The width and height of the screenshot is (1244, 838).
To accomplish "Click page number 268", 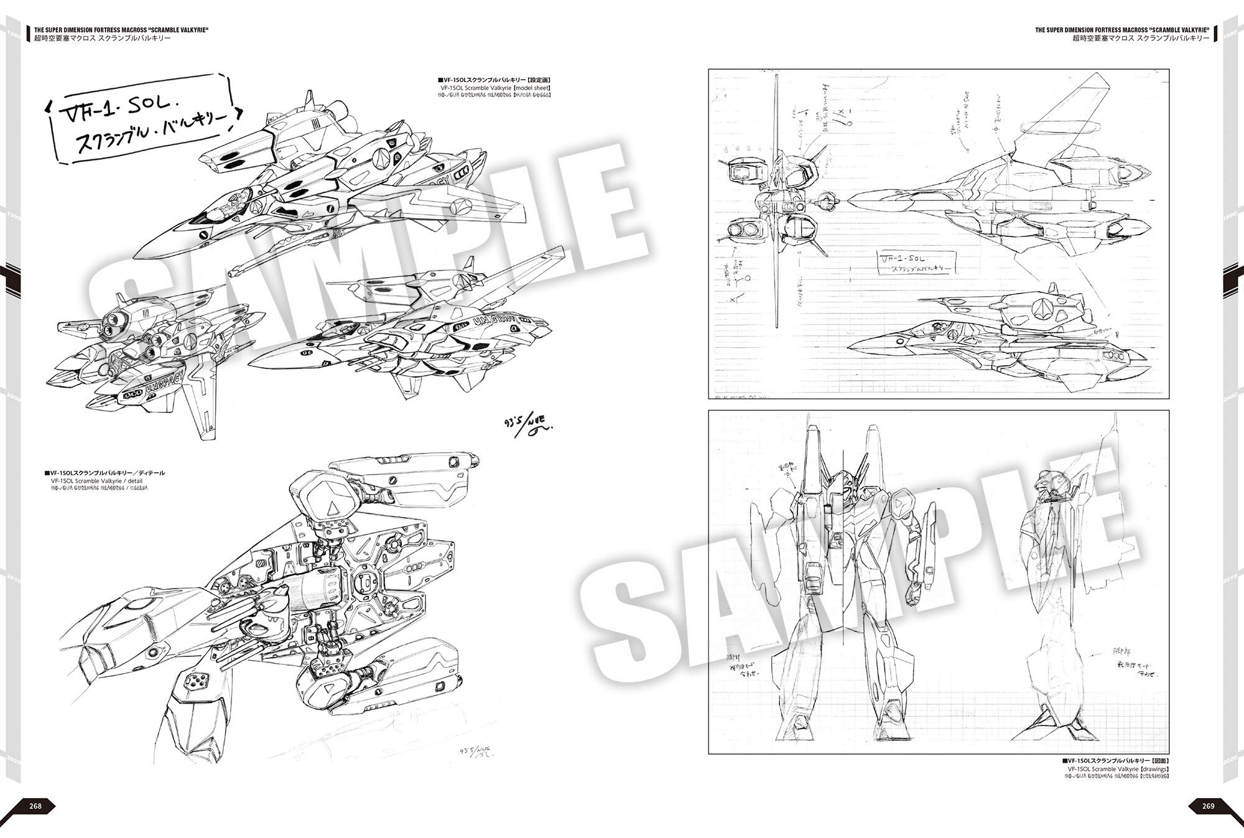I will [36, 806].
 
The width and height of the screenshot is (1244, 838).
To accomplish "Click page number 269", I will [1208, 806].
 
